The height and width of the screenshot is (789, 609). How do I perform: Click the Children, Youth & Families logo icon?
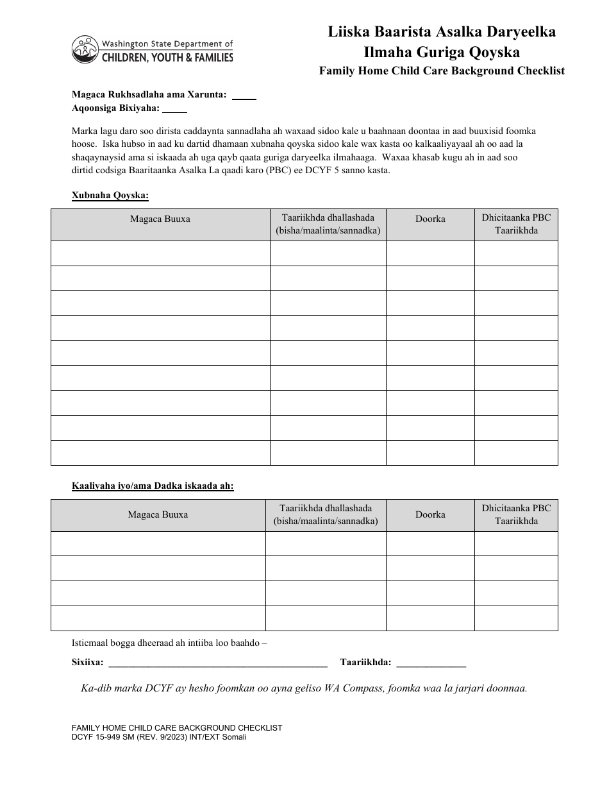click(x=83, y=49)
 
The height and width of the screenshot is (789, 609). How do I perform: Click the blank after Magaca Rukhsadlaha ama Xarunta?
click(x=244, y=96)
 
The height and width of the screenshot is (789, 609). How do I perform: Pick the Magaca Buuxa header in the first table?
click(x=160, y=219)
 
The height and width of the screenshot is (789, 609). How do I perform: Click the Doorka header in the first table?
click(x=430, y=219)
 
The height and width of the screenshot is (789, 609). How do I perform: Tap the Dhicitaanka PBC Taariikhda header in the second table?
click(x=516, y=514)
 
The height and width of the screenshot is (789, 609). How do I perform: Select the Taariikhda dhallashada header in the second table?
click(x=326, y=514)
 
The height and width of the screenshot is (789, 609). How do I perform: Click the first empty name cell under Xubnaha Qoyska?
click(x=160, y=253)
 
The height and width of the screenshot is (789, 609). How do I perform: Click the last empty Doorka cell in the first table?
click(x=430, y=452)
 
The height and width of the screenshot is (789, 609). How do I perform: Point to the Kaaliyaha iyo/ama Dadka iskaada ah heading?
click(x=153, y=486)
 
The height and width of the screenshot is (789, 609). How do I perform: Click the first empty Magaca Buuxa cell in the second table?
click(x=158, y=543)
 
